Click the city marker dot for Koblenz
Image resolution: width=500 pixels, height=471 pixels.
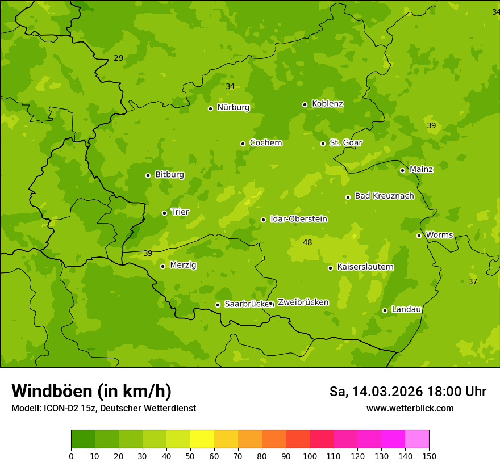305,104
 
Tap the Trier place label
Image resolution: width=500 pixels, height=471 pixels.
180,212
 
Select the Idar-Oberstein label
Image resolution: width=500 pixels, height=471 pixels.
299,219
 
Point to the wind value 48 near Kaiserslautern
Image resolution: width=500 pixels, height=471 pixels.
307,242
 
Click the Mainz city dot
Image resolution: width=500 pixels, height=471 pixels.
402,170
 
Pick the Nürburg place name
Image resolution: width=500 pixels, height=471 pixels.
234,107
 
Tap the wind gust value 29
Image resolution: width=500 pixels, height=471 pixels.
118,58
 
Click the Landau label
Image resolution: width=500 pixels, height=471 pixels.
406,309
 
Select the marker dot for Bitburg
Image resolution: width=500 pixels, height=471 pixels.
148,175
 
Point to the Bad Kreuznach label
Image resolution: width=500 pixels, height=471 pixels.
384,196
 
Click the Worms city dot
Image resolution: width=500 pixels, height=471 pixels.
419,235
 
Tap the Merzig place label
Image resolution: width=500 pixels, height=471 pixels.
183,265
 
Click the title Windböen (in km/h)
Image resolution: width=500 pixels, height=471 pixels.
91,391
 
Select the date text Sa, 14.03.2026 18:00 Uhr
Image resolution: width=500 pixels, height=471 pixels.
407,392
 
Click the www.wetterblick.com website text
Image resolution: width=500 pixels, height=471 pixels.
410,408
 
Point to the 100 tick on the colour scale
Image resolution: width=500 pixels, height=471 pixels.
310,456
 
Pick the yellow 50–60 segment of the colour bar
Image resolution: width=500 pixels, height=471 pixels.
202,439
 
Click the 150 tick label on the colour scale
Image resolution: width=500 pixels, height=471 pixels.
429,456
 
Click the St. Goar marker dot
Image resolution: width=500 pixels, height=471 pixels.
323,144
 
